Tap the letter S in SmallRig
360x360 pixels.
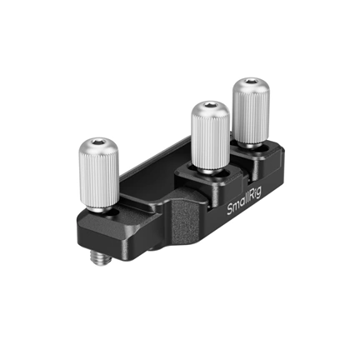pyautogui.click(x=232, y=212)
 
